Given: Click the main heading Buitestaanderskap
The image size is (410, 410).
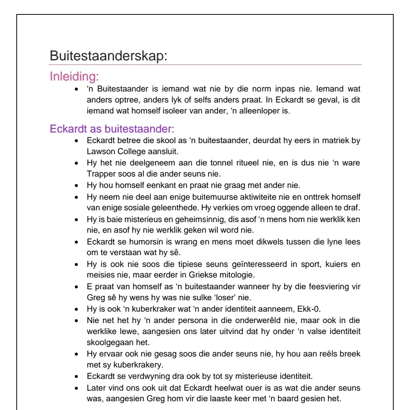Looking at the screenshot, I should [x=108, y=56].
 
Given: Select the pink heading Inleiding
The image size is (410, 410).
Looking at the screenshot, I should [x=74, y=76].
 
